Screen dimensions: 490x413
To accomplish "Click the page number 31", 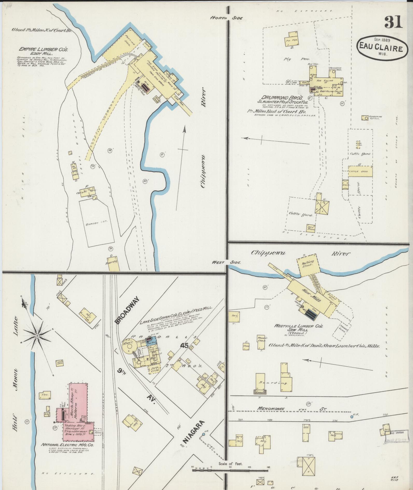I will click(x=393, y=22).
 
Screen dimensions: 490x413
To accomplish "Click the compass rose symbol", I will click(x=37, y=336).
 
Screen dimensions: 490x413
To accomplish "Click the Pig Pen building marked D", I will click(x=292, y=39).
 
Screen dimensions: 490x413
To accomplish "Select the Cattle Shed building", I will click(x=360, y=171).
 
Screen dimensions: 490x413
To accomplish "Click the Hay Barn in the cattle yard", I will click(x=311, y=228).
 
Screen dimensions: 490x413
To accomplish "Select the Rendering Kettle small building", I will click(x=365, y=118).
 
